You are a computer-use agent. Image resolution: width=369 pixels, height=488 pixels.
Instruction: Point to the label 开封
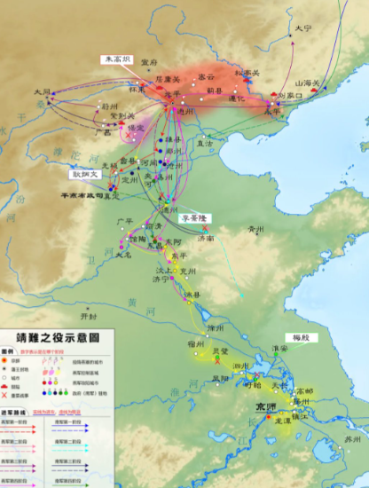(x=87, y=314)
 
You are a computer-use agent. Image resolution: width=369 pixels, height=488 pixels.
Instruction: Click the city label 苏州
(x=353, y=438)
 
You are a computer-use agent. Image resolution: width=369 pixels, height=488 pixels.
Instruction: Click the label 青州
(x=256, y=229)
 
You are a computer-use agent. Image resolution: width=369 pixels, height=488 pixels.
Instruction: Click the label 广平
(x=125, y=221)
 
